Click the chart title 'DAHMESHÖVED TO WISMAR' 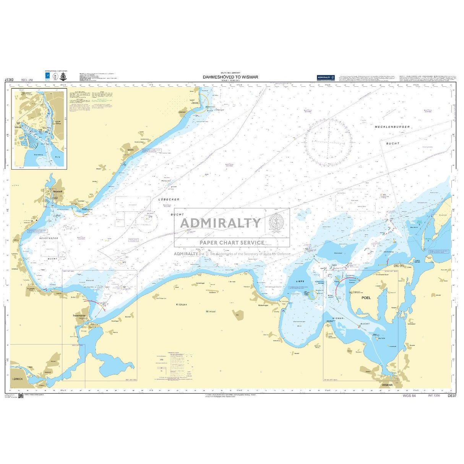pyautogui.click(x=230, y=77)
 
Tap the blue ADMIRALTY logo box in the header pyautogui.click(x=325, y=78)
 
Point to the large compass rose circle pyautogui.click(x=328, y=142)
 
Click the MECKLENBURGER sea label pyautogui.click(x=392, y=127)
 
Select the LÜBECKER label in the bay pyautogui.click(x=169, y=200)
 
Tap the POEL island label pyautogui.click(x=366, y=297)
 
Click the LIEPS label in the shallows pyautogui.click(x=300, y=281)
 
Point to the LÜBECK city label pyautogui.click(x=18, y=379)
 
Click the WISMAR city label pyautogui.click(x=387, y=385)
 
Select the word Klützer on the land pyautogui.click(x=181, y=304)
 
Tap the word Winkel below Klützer pyautogui.click(x=211, y=311)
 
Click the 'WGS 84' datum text pyautogui.click(x=409, y=396)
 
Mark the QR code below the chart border pyautogui.click(x=21, y=397)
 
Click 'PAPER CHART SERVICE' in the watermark pyautogui.click(x=232, y=242)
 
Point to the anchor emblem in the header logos pyautogui.click(x=63, y=76)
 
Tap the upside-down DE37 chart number pyautogui.click(x=9, y=80)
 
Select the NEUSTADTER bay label pyautogui.click(x=49, y=238)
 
